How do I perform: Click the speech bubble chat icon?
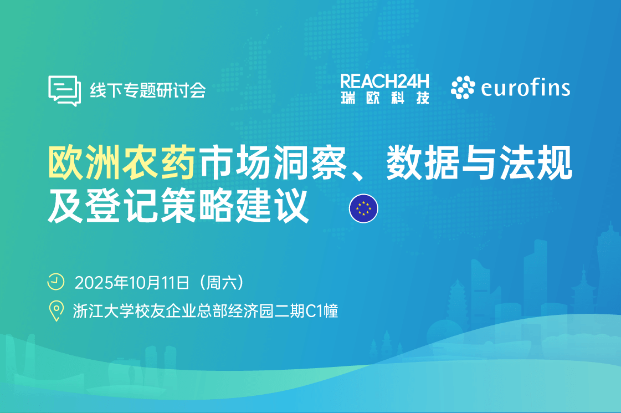pyautogui.click(x=65, y=91)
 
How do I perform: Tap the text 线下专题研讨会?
pyautogui.click(x=148, y=90)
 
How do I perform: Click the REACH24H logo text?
pyautogui.click(x=384, y=81)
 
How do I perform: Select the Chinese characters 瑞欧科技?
pyautogui.click(x=385, y=98)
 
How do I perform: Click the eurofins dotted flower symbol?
pyautogui.click(x=463, y=87)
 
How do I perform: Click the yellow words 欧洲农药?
pyautogui.click(x=122, y=162)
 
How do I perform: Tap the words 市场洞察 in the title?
pyautogui.click(x=273, y=162)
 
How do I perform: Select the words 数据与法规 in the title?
pyautogui.click(x=479, y=162)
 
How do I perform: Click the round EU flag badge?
pyautogui.click(x=363, y=208)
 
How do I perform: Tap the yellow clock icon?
pyautogui.click(x=56, y=282)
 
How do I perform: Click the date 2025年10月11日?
pyautogui.click(x=132, y=283)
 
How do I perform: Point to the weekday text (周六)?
pyautogui.click(x=222, y=283)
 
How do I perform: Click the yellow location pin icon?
pyautogui.click(x=57, y=311)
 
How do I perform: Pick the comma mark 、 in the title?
pyautogui.click(x=358, y=174)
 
